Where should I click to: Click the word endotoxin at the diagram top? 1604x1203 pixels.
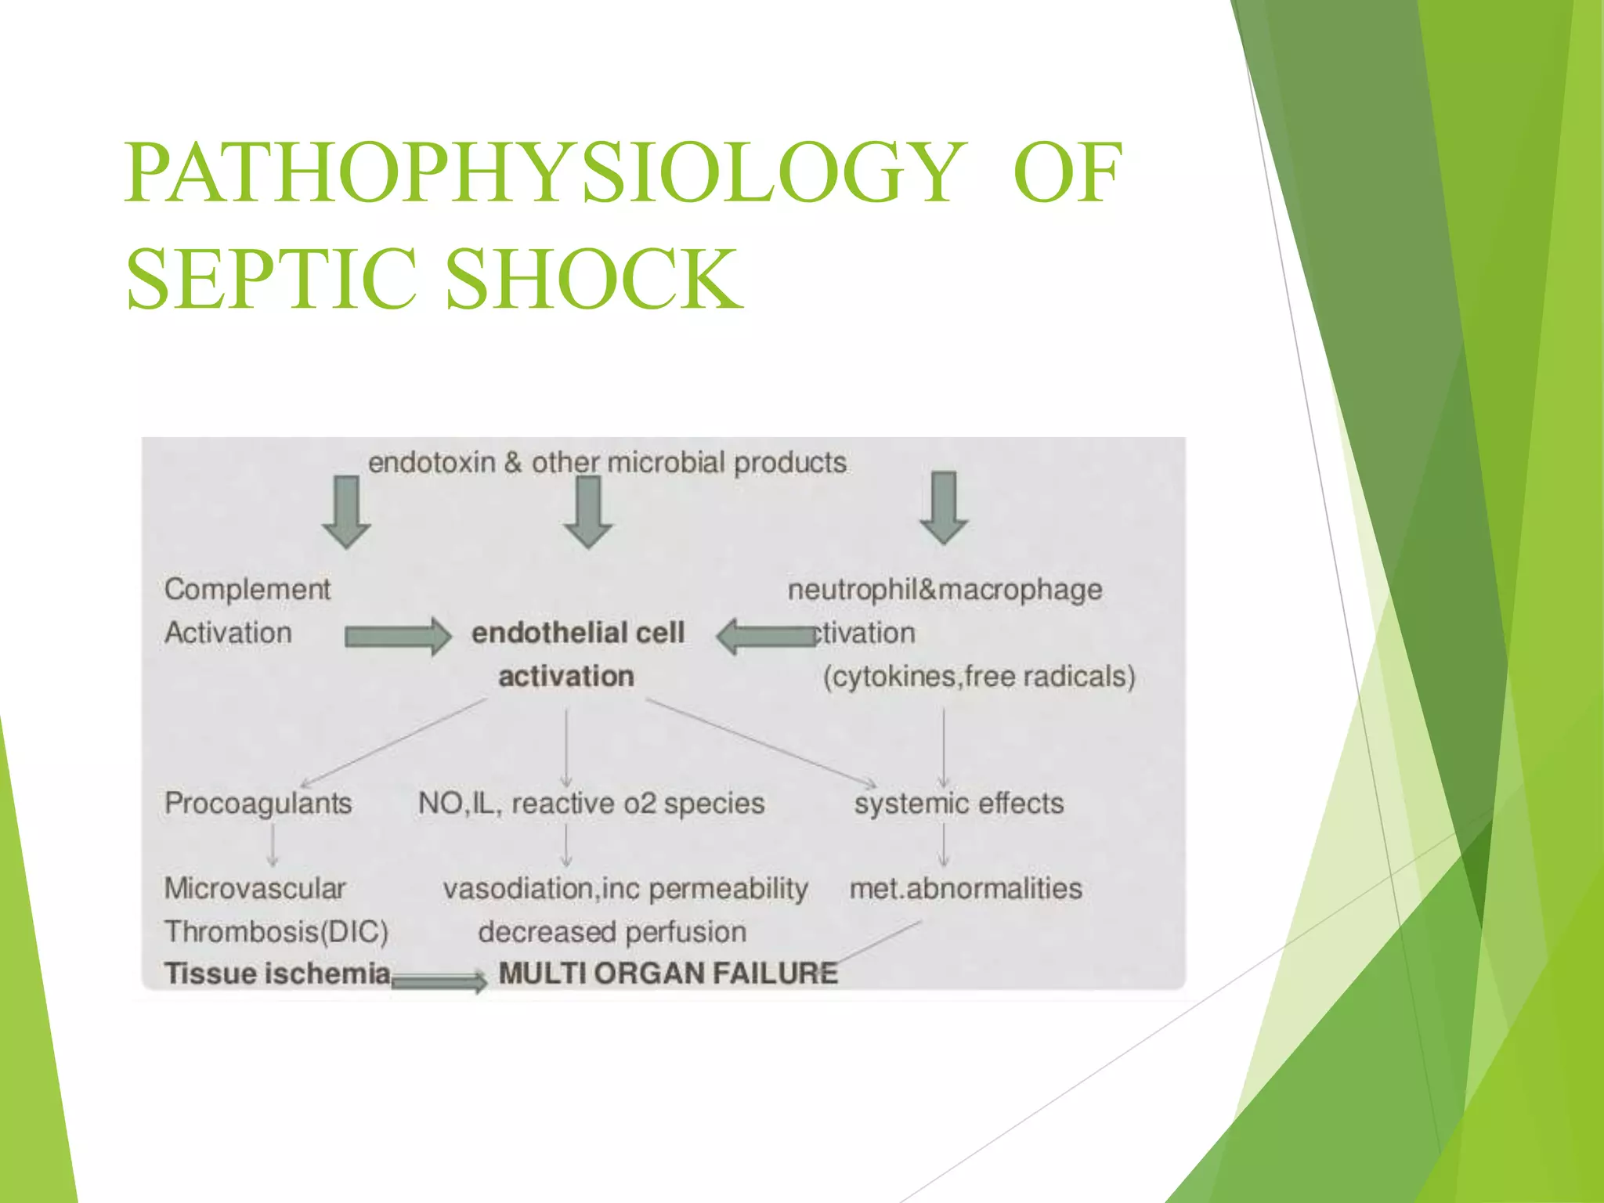click(x=432, y=463)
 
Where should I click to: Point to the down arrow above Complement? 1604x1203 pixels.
click(x=346, y=511)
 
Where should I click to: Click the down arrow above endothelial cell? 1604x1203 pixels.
click(x=588, y=511)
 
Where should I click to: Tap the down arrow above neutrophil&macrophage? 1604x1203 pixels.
click(x=944, y=508)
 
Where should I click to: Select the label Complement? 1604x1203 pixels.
click(x=247, y=589)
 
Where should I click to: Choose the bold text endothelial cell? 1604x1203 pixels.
click(x=578, y=633)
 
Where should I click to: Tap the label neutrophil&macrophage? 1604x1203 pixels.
click(x=945, y=590)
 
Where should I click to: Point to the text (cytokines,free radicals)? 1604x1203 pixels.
click(x=979, y=676)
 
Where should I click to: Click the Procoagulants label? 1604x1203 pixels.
click(x=258, y=804)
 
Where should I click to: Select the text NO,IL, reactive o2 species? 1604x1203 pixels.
click(x=591, y=804)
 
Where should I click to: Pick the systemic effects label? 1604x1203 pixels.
click(x=959, y=804)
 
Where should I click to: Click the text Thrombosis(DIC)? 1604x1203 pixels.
click(x=276, y=932)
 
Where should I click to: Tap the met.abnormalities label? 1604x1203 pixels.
click(x=966, y=889)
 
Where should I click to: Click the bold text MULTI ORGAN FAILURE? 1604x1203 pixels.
click(x=668, y=974)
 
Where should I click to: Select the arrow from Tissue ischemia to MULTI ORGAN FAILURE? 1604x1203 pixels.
click(x=439, y=981)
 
